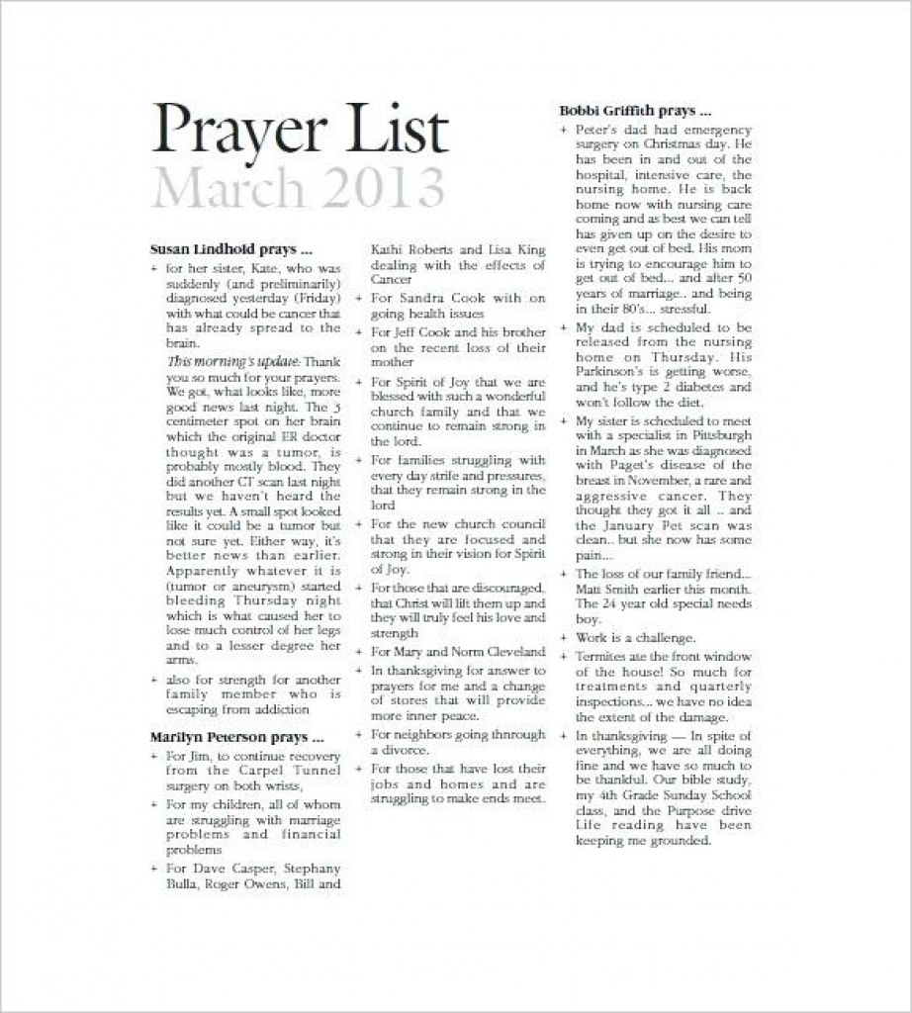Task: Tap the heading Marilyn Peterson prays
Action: click(x=236, y=737)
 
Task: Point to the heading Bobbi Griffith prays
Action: click(x=635, y=111)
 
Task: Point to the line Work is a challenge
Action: click(x=636, y=637)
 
